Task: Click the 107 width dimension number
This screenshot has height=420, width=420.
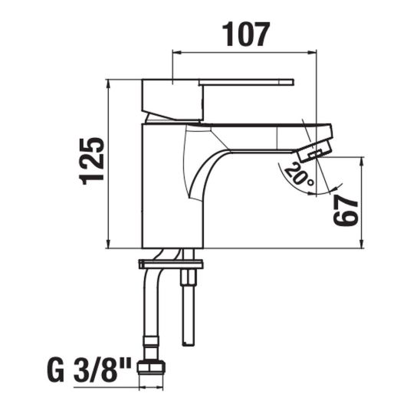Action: click(246, 34)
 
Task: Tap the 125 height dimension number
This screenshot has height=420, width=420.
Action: click(92, 161)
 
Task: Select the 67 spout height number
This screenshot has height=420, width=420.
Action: click(345, 210)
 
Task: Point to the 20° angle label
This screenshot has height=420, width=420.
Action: click(299, 176)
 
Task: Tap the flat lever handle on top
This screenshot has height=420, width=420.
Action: click(247, 82)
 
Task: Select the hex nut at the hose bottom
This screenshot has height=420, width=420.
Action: click(151, 367)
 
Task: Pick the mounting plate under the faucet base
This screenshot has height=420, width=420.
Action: click(171, 264)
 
